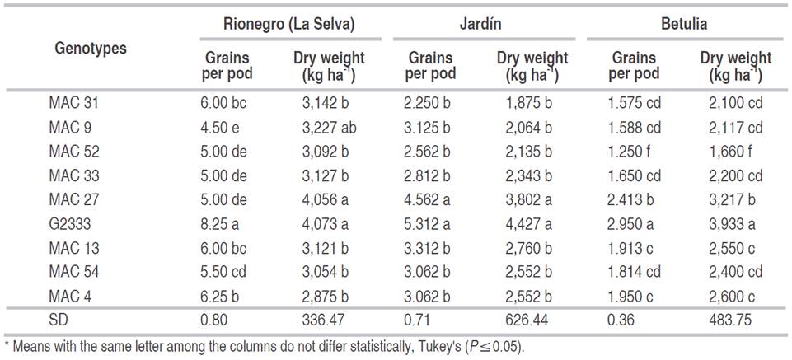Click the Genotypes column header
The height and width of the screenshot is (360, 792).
pos(91,49)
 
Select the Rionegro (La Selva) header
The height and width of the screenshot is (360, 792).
pos(289,25)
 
